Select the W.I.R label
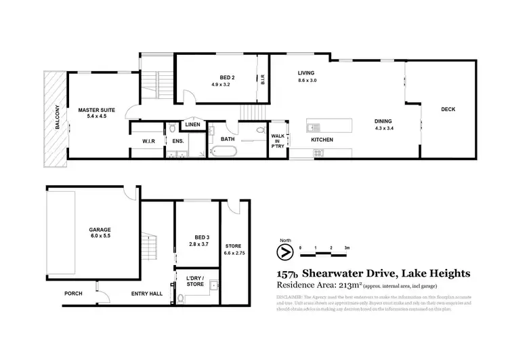tap(150, 140)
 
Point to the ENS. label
tap(177, 140)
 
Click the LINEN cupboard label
tap(193, 125)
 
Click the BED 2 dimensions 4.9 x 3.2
tap(221, 85)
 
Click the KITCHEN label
tap(321, 140)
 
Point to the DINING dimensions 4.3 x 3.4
tap(383, 129)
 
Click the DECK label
tap(448, 109)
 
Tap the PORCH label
tap(73, 294)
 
